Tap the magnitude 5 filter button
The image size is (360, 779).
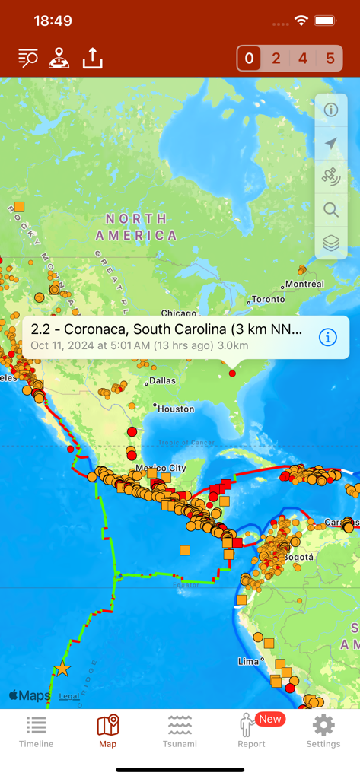(330, 59)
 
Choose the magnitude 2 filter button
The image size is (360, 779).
(276, 59)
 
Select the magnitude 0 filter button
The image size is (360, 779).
(250, 59)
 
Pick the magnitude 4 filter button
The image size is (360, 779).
(303, 59)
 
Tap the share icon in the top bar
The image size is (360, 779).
(92, 58)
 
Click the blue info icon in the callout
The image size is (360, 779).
(328, 337)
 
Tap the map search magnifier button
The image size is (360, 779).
(331, 210)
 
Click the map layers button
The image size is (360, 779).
(331, 243)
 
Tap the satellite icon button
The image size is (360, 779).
(331, 176)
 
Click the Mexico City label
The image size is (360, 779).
(161, 468)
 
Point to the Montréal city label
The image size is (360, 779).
(305, 284)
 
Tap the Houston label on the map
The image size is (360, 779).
(176, 409)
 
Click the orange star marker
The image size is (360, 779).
(62, 669)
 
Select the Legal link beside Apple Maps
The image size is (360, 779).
(69, 696)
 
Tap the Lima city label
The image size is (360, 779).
(248, 661)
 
